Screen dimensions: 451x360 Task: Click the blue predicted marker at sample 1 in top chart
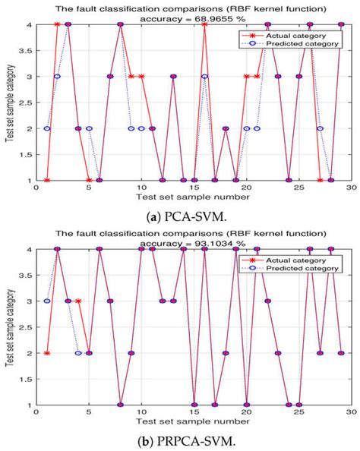tap(47, 128)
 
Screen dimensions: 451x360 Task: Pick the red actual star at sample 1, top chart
tap(47, 180)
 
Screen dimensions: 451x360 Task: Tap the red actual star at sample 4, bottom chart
tap(78, 301)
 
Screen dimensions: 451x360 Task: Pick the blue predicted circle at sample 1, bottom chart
tap(47, 301)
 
